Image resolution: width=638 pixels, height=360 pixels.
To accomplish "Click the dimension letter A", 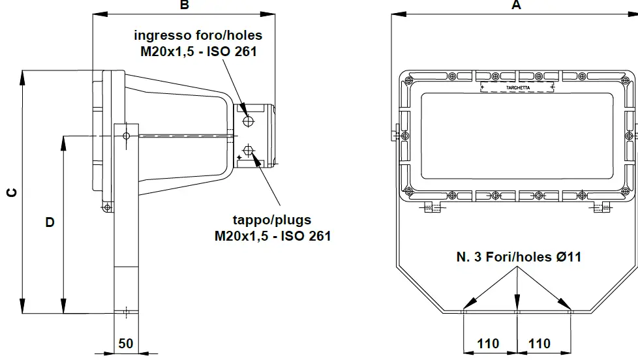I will [517, 5].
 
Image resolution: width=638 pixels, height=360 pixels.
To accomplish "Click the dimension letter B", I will [185, 5].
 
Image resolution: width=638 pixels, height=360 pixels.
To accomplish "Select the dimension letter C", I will [10, 192].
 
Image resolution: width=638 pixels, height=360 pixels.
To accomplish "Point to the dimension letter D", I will [50, 222].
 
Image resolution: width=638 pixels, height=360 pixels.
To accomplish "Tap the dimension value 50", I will [126, 344].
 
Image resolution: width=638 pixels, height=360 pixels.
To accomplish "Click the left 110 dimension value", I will [488, 344].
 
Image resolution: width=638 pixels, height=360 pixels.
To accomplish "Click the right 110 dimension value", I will [539, 344].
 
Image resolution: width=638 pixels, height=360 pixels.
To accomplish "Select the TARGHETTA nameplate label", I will [517, 87].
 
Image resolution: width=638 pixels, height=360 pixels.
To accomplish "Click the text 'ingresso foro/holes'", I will [198, 35].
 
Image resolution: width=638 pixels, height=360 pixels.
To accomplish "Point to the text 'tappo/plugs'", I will [272, 220].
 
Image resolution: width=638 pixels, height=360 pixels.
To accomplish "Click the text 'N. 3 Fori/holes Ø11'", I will [519, 257].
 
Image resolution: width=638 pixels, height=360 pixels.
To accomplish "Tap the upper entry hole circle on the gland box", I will [249, 121].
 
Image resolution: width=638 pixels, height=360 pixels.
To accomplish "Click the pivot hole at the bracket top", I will [126, 135].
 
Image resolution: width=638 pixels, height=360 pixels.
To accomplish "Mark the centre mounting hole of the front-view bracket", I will [517, 312].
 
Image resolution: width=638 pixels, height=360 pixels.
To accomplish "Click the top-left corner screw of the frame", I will [408, 80].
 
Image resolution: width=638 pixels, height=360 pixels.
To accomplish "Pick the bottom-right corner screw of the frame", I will [628, 190].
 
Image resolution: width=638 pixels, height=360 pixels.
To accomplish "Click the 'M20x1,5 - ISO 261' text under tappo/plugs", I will [273, 235].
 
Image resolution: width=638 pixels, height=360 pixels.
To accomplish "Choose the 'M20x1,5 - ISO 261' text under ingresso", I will [198, 51].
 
